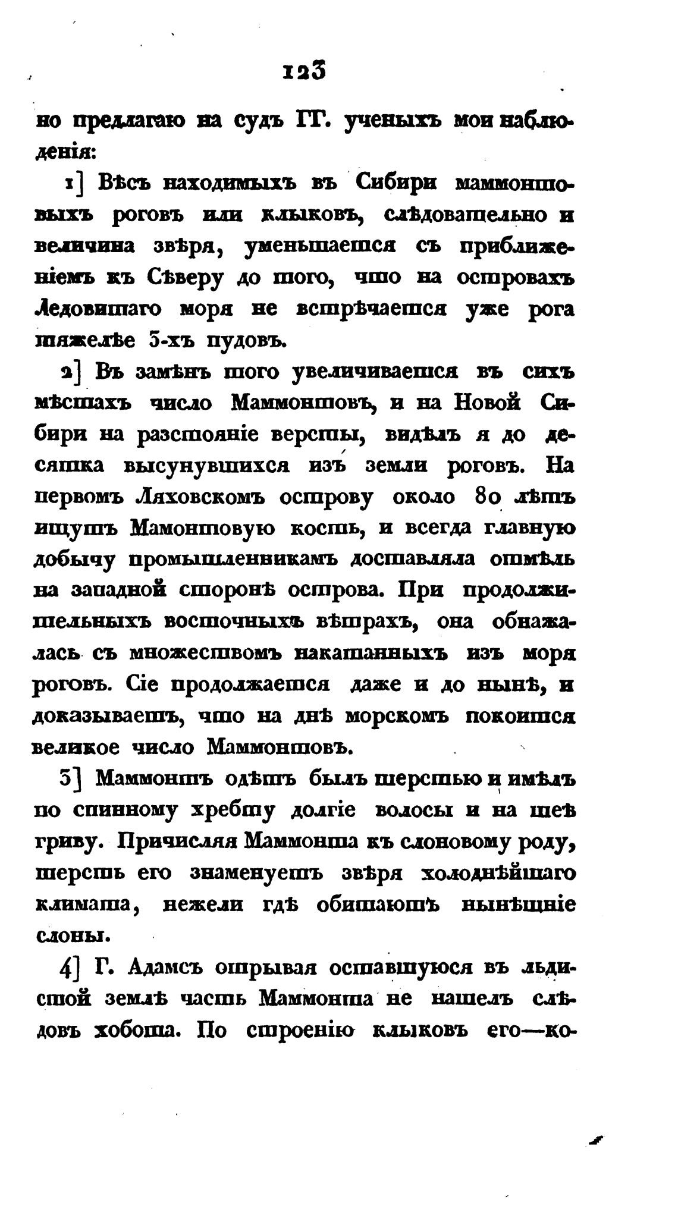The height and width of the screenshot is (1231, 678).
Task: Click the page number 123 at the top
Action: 304,71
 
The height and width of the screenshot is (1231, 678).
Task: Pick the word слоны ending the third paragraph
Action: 73,937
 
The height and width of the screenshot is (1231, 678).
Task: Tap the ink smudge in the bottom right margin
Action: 596,1137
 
